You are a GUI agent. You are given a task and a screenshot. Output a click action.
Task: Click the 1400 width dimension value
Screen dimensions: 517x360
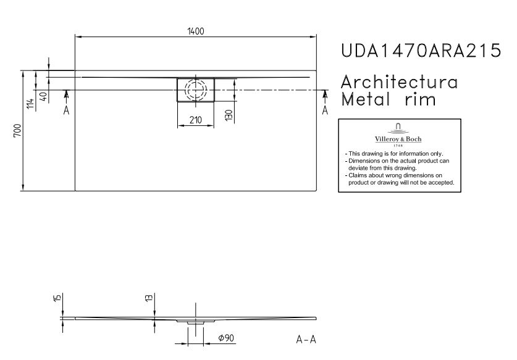196,31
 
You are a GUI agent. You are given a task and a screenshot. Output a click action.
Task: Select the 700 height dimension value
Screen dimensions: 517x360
17,130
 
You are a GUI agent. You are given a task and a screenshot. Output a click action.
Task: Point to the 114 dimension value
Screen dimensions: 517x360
30,104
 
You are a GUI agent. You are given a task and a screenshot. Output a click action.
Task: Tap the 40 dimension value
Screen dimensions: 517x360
43,96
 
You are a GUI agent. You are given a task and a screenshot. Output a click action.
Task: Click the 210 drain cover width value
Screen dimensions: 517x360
196,120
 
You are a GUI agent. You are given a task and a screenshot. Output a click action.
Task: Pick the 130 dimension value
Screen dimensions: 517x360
229,115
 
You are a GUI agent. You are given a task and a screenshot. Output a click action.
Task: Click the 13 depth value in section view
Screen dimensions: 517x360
149,298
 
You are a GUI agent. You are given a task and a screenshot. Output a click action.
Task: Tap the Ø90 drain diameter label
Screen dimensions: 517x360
226,338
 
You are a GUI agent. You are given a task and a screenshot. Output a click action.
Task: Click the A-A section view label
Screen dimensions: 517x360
306,339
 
